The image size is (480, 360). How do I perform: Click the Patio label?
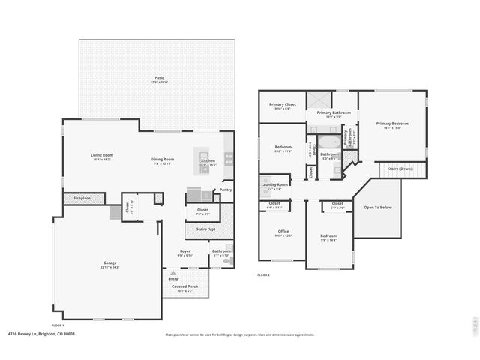(x=159, y=77)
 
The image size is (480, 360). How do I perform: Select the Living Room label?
(x=101, y=155)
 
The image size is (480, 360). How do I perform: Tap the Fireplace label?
(x=82, y=199)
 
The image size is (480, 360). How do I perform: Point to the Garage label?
(x=109, y=262)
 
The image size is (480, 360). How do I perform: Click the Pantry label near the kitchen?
(x=225, y=190)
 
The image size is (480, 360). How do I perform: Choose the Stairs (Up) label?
(x=206, y=228)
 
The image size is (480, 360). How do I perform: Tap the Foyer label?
(x=185, y=251)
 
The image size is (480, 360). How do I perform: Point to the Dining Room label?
(x=163, y=159)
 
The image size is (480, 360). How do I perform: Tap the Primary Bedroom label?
(x=392, y=124)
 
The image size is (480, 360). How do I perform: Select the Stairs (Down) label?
(x=400, y=169)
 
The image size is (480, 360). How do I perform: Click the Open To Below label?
(x=377, y=207)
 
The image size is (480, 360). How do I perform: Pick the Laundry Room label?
(x=274, y=184)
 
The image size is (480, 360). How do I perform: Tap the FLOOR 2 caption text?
(x=263, y=275)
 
